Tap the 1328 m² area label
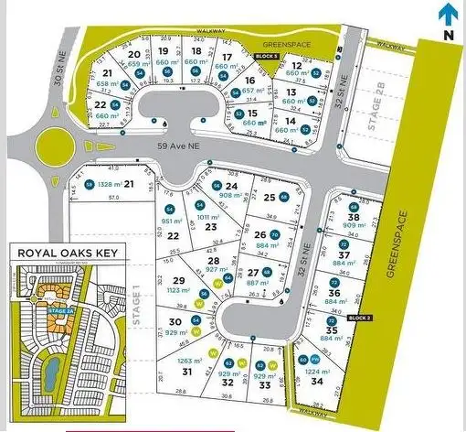[x=108, y=185]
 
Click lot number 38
[x=353, y=216]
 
